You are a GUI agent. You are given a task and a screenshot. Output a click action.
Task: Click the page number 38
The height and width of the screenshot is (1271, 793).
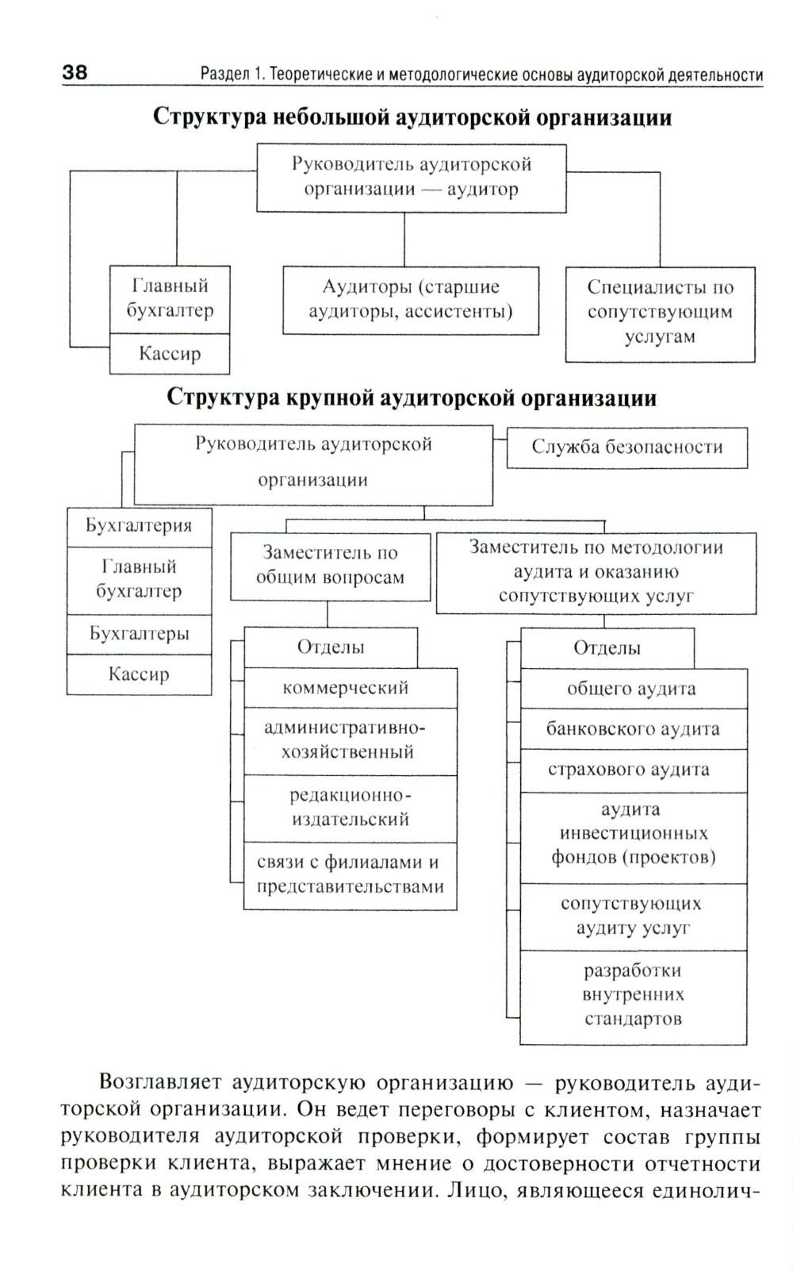tap(75, 73)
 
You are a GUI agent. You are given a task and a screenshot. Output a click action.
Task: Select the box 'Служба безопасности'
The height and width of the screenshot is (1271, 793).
tap(626, 447)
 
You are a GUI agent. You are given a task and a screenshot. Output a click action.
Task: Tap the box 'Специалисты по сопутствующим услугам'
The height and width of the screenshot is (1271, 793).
tap(660, 313)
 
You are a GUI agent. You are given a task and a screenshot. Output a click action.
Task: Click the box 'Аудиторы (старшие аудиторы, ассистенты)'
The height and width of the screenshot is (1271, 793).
tap(411, 299)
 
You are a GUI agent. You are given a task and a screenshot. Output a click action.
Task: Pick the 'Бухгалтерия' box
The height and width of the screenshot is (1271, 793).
tap(139, 526)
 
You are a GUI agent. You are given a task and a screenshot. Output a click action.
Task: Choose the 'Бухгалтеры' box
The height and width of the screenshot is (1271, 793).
tap(139, 634)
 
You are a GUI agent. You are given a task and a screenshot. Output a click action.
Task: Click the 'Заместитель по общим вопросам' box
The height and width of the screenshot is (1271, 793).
tap(330, 566)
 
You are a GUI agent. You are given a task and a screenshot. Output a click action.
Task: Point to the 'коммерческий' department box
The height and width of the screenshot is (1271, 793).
tap(350, 688)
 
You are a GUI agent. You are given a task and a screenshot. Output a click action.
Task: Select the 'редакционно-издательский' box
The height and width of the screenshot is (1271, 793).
tap(350, 808)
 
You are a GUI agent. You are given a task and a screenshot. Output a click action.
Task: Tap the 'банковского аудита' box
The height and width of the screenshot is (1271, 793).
tap(633, 729)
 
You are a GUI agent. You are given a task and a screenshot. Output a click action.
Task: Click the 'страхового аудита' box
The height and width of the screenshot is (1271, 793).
tap(633, 770)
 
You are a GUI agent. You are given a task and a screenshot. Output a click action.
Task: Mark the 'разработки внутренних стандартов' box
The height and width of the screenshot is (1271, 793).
tap(633, 995)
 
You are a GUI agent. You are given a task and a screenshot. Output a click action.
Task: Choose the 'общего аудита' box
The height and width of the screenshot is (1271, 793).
tap(633, 689)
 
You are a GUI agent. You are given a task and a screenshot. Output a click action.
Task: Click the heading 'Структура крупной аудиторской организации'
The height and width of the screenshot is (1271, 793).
tap(412, 397)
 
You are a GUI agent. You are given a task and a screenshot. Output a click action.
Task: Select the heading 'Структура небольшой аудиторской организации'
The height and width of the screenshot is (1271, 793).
tap(412, 117)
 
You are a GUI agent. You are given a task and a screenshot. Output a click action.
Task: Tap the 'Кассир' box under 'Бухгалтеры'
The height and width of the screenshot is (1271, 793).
tap(139, 674)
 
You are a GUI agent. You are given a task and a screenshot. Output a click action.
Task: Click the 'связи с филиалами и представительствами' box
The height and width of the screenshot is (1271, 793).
tap(350, 875)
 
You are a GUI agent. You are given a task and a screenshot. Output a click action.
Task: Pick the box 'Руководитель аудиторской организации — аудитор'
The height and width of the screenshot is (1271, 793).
tap(411, 177)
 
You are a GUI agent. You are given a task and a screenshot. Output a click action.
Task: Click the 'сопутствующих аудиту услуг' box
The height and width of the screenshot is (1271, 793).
tap(633, 916)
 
